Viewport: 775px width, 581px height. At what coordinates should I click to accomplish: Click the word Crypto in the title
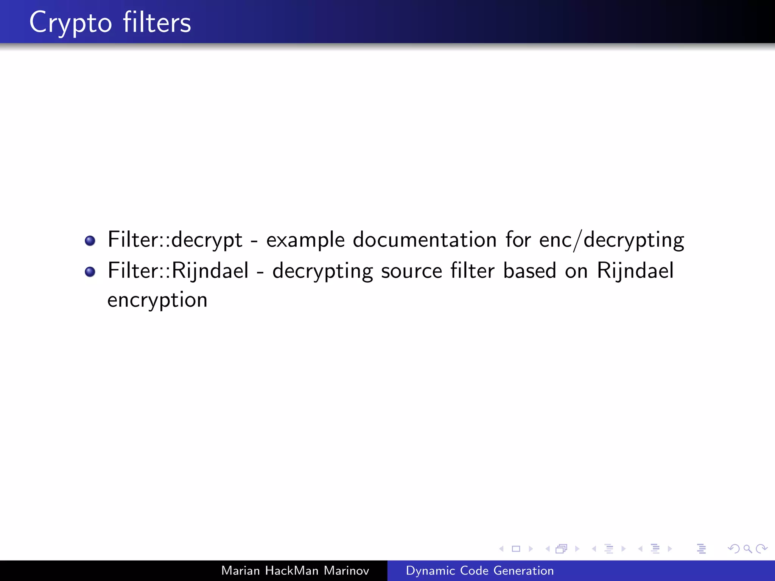pyautogui.click(x=70, y=23)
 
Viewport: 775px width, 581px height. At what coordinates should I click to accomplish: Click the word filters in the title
pyautogui.click(x=157, y=23)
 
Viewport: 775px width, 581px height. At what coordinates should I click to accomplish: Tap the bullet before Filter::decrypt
pyautogui.click(x=90, y=241)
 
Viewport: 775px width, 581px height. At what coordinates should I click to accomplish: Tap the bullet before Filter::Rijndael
pyautogui.click(x=90, y=272)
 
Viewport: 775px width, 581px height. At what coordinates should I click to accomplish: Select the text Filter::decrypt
pyautogui.click(x=175, y=240)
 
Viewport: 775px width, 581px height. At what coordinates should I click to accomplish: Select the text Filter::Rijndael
pyautogui.click(x=178, y=271)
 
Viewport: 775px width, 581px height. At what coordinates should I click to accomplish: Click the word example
pyautogui.click(x=305, y=240)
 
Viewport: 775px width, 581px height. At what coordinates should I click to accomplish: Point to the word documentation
pyautogui.click(x=425, y=240)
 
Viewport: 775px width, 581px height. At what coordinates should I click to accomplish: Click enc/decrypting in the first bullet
pyautogui.click(x=612, y=240)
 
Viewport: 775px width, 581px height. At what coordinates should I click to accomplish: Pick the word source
pyautogui.click(x=411, y=271)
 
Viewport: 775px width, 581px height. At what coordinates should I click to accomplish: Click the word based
pyautogui.click(x=529, y=271)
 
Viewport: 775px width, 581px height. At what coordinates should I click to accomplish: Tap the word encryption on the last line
pyautogui.click(x=157, y=300)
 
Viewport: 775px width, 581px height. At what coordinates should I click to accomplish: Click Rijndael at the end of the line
pyautogui.click(x=635, y=271)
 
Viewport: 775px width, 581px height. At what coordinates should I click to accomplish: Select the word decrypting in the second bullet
pyautogui.click(x=323, y=271)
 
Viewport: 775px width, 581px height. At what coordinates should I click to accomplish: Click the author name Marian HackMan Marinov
pyautogui.click(x=295, y=570)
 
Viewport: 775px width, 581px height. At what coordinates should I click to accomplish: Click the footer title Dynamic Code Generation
pyautogui.click(x=479, y=570)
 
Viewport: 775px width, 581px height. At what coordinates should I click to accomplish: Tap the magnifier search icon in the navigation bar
pyautogui.click(x=747, y=548)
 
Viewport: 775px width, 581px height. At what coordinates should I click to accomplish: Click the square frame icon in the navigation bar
pyautogui.click(x=516, y=548)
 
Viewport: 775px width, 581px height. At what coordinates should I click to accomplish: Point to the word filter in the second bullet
pyautogui.click(x=472, y=271)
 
